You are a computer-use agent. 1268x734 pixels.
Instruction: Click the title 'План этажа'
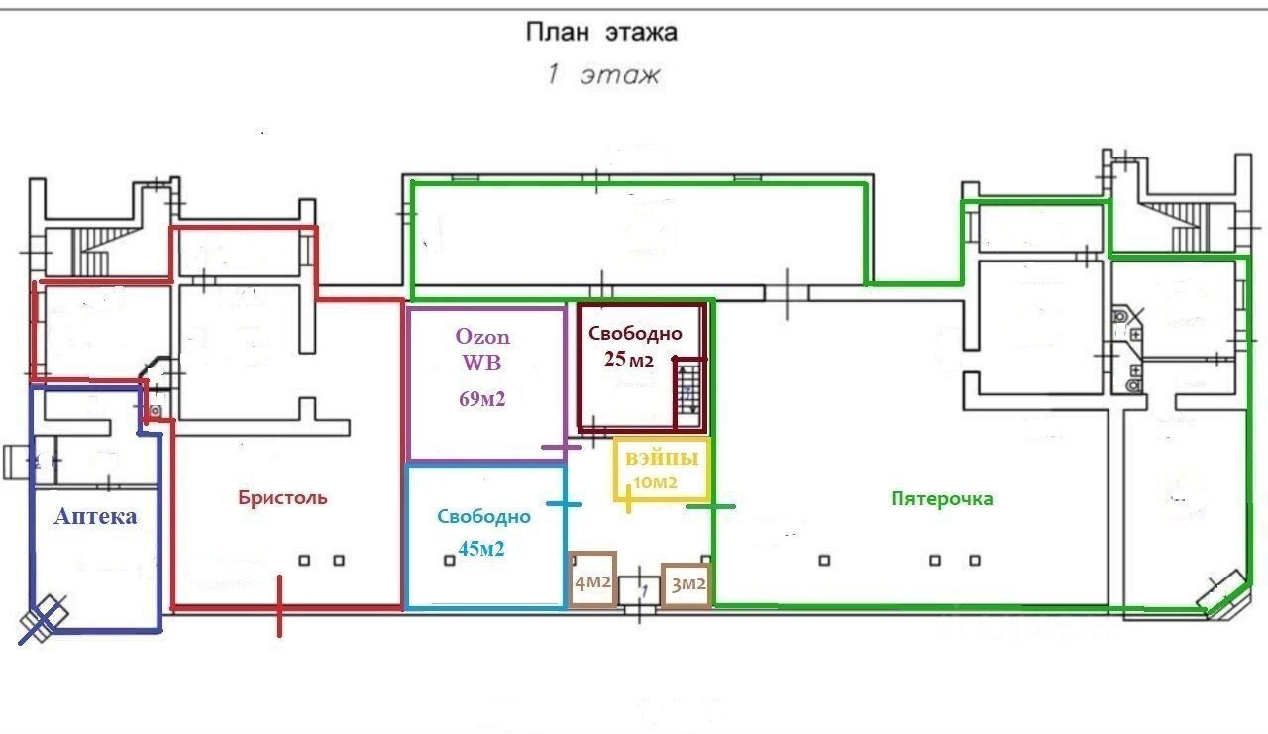click(x=601, y=33)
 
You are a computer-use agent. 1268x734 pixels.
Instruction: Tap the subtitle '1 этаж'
click(x=603, y=74)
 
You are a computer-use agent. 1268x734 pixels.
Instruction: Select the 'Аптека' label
click(x=96, y=516)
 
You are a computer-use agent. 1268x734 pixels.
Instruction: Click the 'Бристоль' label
click(x=282, y=498)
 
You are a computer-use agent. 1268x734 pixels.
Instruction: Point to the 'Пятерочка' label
click(x=942, y=498)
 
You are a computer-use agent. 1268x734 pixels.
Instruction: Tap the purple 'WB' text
click(x=481, y=363)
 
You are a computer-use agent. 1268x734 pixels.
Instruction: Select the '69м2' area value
click(x=481, y=399)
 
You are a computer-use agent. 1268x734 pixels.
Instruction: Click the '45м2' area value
click(x=481, y=549)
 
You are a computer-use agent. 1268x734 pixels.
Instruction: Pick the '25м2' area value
click(x=628, y=359)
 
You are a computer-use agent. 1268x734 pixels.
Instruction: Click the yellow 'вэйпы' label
click(x=662, y=459)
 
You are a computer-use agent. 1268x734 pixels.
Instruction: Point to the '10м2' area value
click(x=655, y=482)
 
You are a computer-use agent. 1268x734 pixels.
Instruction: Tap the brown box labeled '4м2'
click(x=592, y=578)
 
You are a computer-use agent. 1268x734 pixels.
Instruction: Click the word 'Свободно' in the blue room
click(x=484, y=517)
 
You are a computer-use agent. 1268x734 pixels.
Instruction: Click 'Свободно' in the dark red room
click(x=635, y=334)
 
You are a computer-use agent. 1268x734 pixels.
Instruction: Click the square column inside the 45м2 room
click(x=450, y=561)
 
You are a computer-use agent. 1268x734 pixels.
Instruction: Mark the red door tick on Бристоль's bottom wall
click(x=279, y=606)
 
